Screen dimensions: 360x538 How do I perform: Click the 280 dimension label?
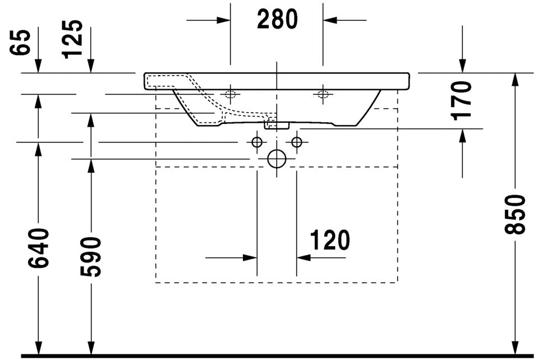point(277,20)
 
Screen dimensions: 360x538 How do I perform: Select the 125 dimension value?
point(73,39)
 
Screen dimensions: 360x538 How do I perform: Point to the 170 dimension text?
point(462,100)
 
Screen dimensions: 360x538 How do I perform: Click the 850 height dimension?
point(516,214)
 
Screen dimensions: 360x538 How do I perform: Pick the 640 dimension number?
point(39,248)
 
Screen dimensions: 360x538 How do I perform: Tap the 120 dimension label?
point(329,241)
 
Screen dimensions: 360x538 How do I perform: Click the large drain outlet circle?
point(277,159)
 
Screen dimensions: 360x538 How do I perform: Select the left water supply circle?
point(257,142)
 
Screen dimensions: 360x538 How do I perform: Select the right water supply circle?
point(297,142)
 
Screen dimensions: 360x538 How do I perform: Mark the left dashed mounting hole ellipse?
point(230,94)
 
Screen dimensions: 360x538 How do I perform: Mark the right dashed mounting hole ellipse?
point(323,94)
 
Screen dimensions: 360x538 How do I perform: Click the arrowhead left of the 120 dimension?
point(250,258)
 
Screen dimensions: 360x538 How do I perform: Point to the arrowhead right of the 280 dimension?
point(330,20)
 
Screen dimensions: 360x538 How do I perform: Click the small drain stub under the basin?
point(276,124)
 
